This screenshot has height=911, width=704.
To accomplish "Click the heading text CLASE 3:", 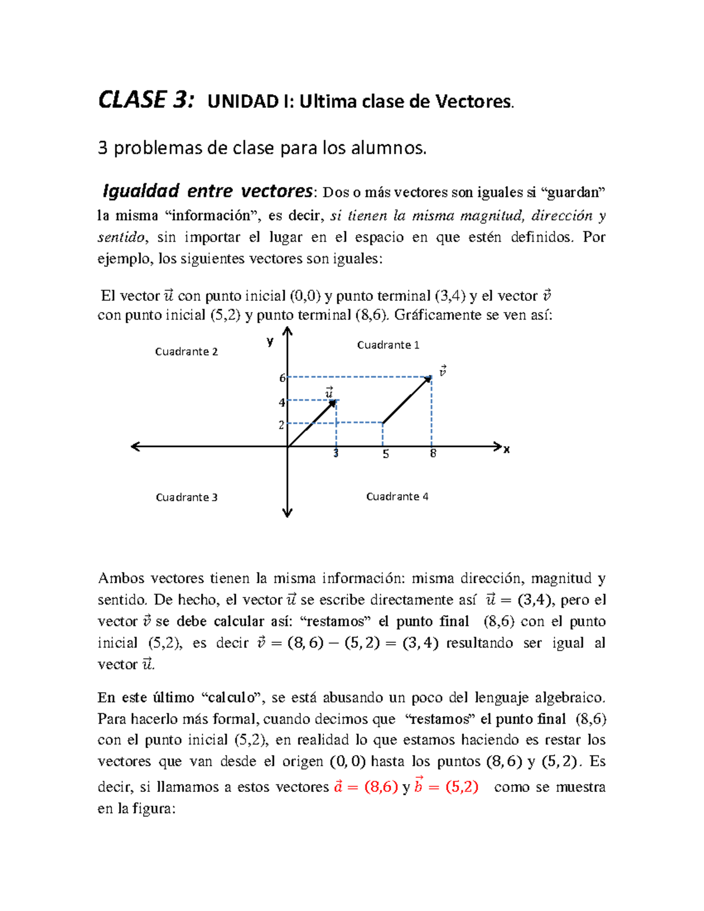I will (x=145, y=100).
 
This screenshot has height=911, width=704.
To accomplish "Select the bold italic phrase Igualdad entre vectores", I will (x=207, y=191).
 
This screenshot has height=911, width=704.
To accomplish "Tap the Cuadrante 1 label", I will (x=388, y=345).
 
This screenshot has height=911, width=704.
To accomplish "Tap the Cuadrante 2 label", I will (x=186, y=351).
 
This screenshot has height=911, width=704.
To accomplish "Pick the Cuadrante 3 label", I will (x=186, y=497).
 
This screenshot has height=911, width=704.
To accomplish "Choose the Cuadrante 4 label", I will (x=397, y=496).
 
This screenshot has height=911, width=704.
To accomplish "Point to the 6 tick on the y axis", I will (x=282, y=378).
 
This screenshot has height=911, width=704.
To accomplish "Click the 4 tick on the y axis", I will (x=282, y=402).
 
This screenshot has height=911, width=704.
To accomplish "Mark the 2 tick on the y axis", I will (x=282, y=425).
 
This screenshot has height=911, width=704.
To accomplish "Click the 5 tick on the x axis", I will (x=385, y=454).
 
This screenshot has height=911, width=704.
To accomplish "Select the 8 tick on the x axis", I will (x=433, y=453).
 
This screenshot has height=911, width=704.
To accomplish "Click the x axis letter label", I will (x=507, y=449).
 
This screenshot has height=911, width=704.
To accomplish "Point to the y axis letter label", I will (x=270, y=341).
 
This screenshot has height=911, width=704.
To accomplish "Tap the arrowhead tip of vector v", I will (x=431, y=377).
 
